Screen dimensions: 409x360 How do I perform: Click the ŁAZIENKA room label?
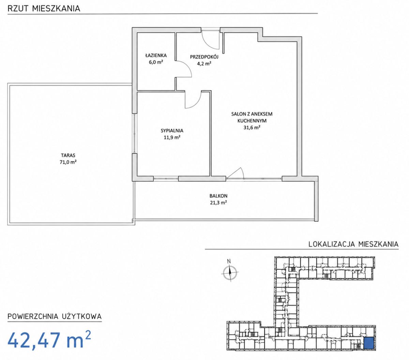156,55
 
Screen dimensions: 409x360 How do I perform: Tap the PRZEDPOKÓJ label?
204,57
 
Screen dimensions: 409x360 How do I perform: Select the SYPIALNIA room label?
172,131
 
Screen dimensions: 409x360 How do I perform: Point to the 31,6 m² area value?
252,127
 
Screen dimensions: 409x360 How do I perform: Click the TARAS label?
68,155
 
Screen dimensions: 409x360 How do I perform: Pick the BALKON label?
218,196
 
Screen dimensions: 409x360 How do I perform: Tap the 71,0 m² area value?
68,162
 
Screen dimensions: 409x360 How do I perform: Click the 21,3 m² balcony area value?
218,202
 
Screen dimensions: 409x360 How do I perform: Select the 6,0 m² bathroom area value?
156,62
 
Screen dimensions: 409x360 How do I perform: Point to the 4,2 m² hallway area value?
204,64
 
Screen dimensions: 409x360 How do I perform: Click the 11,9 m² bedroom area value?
172,137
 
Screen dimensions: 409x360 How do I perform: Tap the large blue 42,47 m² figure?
49,340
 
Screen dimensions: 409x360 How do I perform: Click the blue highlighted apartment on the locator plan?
369,343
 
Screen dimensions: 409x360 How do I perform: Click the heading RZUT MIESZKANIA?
44,9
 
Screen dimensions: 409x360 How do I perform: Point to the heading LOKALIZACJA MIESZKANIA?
353,244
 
